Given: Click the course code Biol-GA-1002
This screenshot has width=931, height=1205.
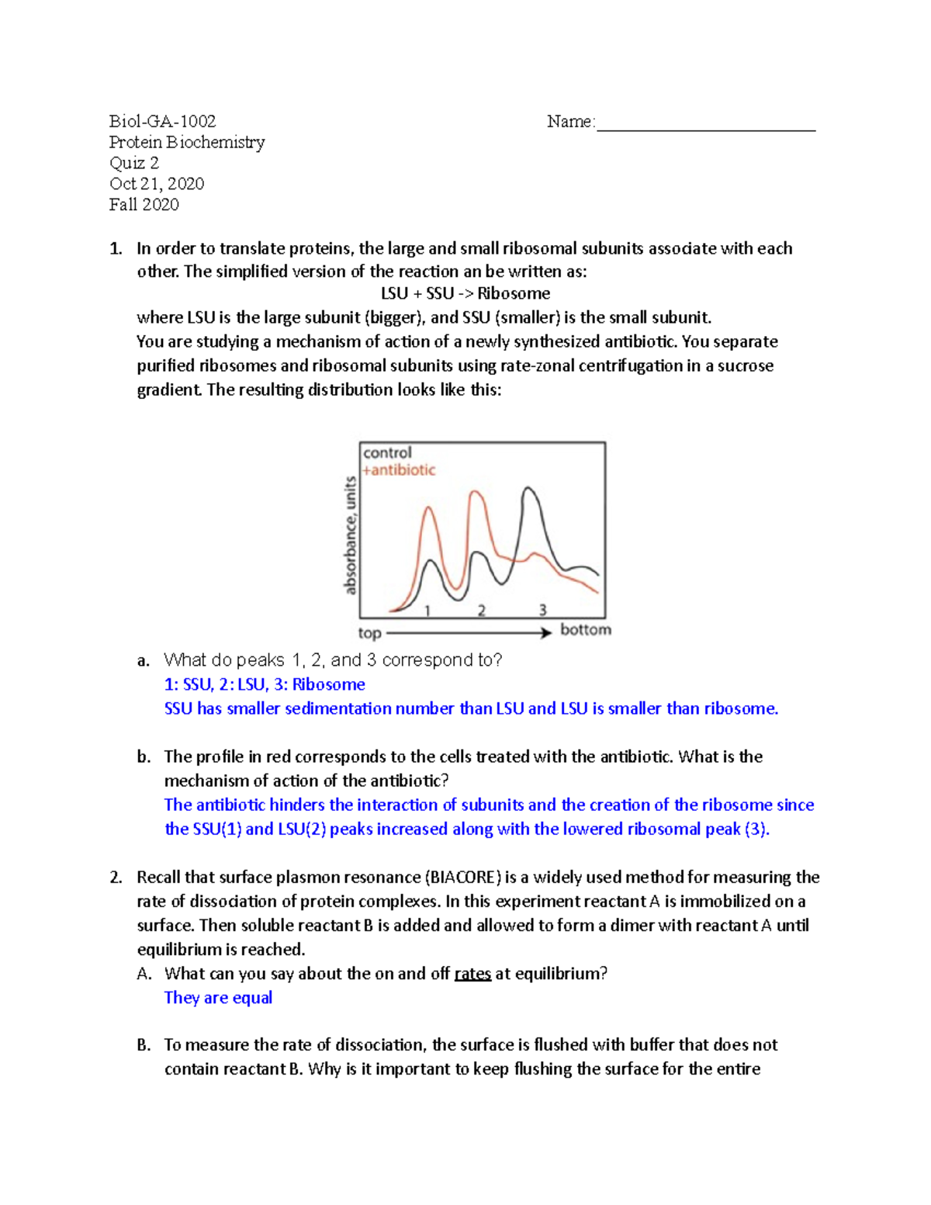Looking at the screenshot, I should coord(162,121).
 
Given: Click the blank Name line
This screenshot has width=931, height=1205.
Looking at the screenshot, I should coord(705,124).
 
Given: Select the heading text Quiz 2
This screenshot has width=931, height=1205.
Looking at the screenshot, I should coord(134,163).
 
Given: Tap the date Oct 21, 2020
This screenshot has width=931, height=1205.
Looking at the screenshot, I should coord(157,184).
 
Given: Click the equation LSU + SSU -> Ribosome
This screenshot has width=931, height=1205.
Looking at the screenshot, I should coord(465,293).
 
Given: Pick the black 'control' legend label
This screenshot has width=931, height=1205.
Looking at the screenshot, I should coord(387,452).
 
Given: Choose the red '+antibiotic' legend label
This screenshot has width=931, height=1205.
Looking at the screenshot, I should coord(399,470).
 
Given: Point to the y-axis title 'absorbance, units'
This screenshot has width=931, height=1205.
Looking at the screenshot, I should coord(351,535).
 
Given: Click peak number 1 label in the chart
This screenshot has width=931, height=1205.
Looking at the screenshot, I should coord(427,611).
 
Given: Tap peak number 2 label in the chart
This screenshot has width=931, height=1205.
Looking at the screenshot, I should coord(482,611).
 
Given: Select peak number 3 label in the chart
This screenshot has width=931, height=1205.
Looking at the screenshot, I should coord(543,611).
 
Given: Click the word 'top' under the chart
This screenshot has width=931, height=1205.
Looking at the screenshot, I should coord(369,633).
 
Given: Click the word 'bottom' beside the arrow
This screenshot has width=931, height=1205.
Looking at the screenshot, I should coord(586,629).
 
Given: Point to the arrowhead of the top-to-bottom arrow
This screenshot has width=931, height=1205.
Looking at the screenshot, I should coord(547,632).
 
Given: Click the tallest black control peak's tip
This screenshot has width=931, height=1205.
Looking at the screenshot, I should coord(528,488).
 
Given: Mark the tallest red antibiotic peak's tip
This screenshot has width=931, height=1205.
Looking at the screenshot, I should coord(476,491).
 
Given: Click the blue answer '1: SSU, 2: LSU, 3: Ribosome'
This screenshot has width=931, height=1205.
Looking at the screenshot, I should coord(265,684).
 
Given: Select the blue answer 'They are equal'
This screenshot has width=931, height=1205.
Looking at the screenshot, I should coord(218,998).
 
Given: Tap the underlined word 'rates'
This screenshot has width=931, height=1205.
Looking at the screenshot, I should coord(472,974).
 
